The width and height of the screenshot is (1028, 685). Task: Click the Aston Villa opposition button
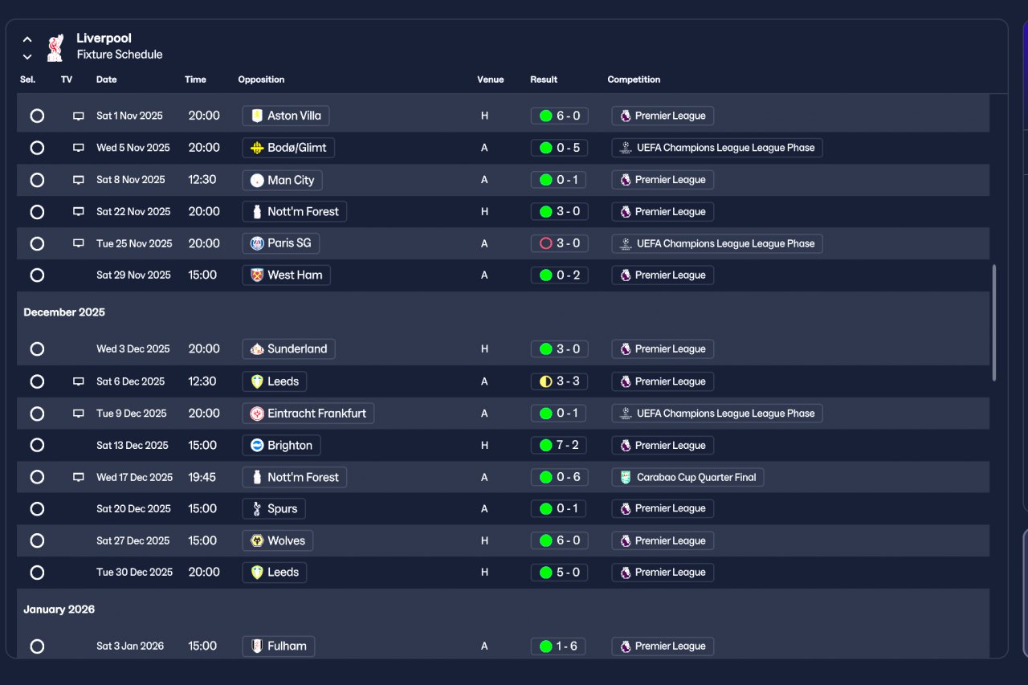point(286,116)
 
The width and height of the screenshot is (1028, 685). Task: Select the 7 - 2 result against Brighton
point(560,445)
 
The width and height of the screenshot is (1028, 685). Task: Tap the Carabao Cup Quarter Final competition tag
point(687,477)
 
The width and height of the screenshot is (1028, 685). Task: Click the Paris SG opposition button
point(281,243)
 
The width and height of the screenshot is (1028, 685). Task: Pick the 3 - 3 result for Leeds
point(560,381)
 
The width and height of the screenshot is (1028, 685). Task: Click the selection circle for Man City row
point(37,180)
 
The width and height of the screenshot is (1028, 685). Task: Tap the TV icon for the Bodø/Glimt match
point(79,148)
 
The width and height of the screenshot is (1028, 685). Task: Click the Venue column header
point(490,80)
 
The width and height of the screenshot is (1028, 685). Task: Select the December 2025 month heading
point(64,312)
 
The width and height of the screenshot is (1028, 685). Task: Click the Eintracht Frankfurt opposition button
point(308,414)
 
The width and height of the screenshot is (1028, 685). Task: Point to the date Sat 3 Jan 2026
point(130,646)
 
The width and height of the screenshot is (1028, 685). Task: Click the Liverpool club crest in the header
point(55,47)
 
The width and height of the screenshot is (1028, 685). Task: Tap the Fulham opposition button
point(279,646)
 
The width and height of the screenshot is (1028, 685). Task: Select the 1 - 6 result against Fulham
point(560,646)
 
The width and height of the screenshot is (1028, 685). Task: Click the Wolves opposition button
point(278,540)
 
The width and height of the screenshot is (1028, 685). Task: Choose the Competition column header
point(634,80)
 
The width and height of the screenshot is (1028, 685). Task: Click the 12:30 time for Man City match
point(202,180)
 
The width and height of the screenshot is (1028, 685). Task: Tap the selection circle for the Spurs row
point(37,509)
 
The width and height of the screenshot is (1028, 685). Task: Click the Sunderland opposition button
point(289,349)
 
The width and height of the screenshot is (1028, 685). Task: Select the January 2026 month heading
point(59,610)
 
